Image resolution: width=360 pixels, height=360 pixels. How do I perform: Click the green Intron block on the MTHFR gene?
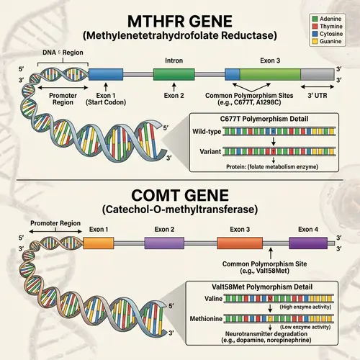(174, 73)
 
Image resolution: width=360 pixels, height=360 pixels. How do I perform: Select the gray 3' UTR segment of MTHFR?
(316, 73)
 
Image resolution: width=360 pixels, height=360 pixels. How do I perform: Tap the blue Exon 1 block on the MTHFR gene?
(107, 73)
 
